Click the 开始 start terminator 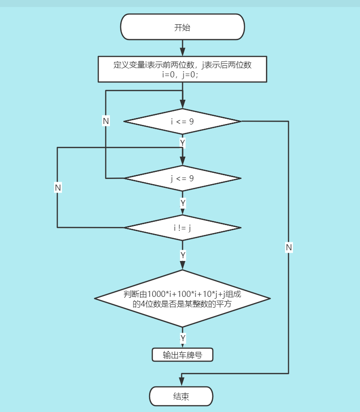tap(182, 27)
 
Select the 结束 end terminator tap(181, 397)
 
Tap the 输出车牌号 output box tap(182, 355)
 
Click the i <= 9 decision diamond tap(182, 122)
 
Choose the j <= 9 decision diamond tap(182, 178)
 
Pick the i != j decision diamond tap(182, 227)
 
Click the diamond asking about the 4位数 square tap(182, 299)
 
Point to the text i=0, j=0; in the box tap(182, 75)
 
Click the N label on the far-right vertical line tap(289, 247)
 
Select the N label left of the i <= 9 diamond tap(106, 121)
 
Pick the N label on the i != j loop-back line tap(58, 187)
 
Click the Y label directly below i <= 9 tap(183, 142)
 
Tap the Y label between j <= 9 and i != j tap(183, 203)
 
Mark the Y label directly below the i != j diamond tap(183, 255)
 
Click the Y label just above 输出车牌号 tap(183, 338)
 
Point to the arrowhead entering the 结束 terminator tap(182, 382)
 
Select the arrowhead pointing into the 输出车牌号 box tap(182, 345)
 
